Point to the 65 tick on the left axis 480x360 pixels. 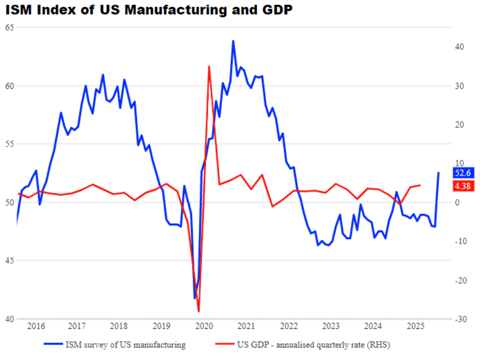point(9,28)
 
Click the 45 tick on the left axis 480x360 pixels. point(9,261)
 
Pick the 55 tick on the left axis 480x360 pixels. point(9,144)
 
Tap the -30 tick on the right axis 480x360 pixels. point(460,319)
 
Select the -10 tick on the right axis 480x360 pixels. point(460,242)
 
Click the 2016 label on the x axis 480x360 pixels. point(36,327)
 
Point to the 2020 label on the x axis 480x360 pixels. point(204,327)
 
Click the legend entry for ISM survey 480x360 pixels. point(125,345)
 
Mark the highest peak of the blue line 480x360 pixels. point(233,41)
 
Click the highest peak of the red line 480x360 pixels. point(209,66)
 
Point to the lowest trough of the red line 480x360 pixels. point(199,312)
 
